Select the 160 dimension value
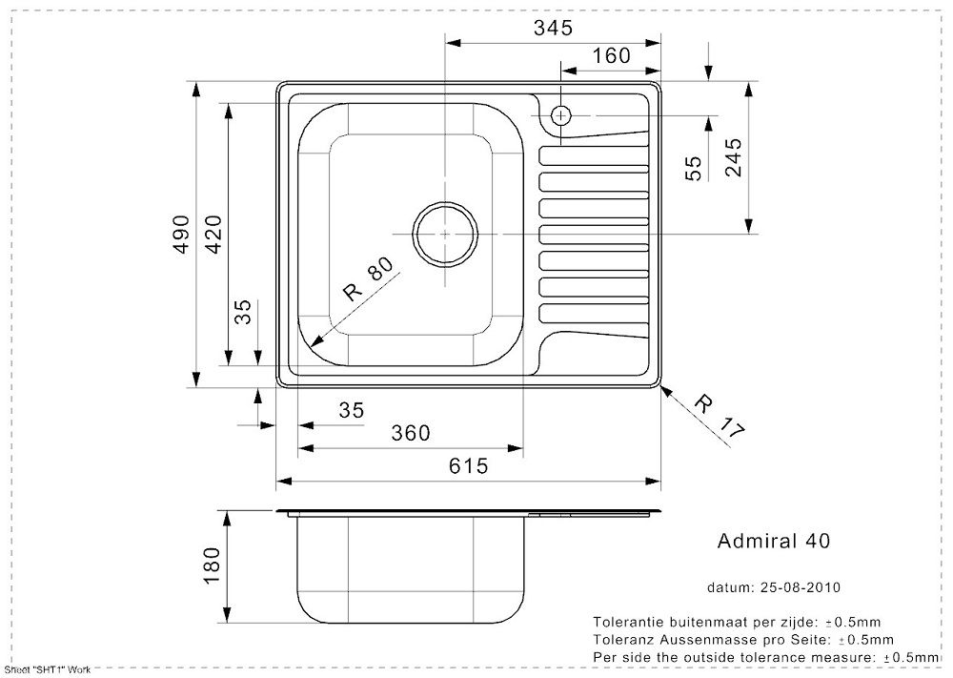pos(611,55)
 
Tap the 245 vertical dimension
pos(732,157)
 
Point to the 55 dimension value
pos(694,168)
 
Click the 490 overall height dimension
pos(182,234)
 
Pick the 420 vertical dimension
pos(213,234)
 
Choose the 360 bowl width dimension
pos(411,433)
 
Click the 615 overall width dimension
pos(469,465)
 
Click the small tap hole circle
pos(561,115)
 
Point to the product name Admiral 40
pos(773,541)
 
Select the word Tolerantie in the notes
pos(629,621)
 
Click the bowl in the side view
pos(410,567)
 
